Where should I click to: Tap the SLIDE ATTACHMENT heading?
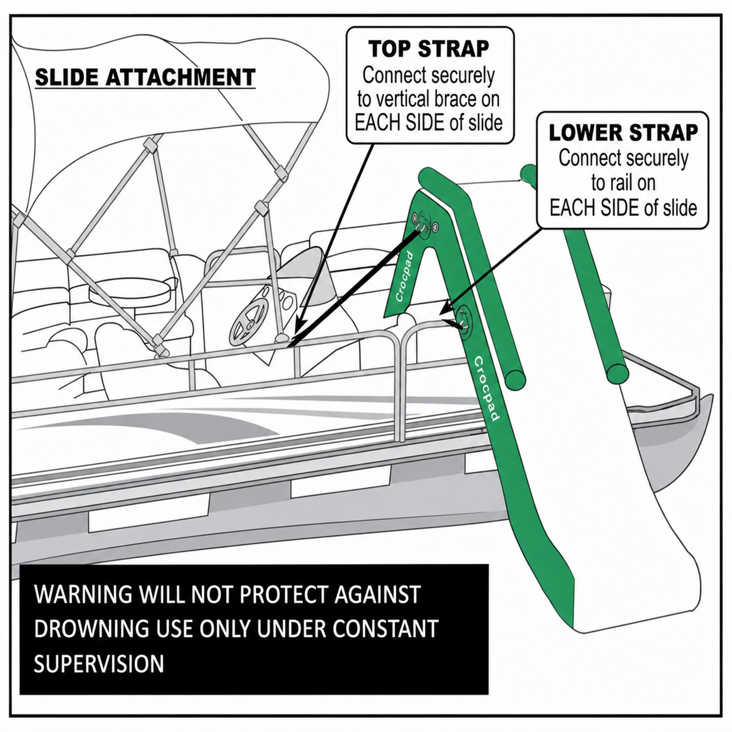[145, 78]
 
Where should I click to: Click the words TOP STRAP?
[429, 48]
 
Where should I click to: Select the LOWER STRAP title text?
[623, 133]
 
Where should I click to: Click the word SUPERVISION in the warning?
[99, 674]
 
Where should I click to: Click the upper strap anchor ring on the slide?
[424, 226]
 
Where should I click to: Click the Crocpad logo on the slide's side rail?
[486, 388]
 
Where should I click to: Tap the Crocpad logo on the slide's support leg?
[403, 277]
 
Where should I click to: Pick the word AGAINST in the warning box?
[377, 604]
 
